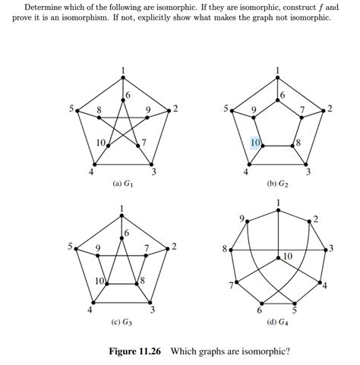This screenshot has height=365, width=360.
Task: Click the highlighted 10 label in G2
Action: coord(256,143)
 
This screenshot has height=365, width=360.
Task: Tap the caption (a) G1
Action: coord(123,183)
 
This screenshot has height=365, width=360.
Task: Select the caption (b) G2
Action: coord(276,183)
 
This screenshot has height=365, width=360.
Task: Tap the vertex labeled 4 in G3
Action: coord(94,302)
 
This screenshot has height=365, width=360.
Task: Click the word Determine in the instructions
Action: coord(43,7)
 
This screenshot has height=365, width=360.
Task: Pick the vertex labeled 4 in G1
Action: coord(94,163)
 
